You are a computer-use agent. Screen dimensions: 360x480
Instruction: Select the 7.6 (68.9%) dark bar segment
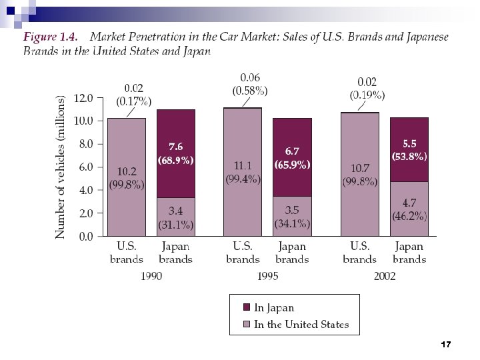176,153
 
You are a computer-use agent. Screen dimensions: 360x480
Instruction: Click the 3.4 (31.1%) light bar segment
176,217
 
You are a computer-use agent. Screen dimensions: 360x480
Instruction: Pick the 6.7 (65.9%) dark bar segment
292,157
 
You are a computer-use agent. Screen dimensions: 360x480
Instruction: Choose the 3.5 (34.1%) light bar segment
292,216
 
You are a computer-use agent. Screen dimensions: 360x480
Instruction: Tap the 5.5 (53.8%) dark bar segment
409,149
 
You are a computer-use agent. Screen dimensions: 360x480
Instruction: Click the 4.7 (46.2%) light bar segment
409,209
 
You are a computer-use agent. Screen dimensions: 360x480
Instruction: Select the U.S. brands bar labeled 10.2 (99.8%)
127,177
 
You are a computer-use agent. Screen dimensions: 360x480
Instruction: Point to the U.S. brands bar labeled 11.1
243,172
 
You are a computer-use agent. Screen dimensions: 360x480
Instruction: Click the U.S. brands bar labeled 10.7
359,175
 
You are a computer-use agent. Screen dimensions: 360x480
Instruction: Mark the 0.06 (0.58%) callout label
250,83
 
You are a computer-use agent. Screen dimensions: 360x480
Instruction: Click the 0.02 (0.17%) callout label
134,95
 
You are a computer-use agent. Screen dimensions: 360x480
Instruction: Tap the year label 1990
151,277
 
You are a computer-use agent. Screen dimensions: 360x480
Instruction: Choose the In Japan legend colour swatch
246,307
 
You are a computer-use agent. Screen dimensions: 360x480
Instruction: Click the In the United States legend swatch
246,325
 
